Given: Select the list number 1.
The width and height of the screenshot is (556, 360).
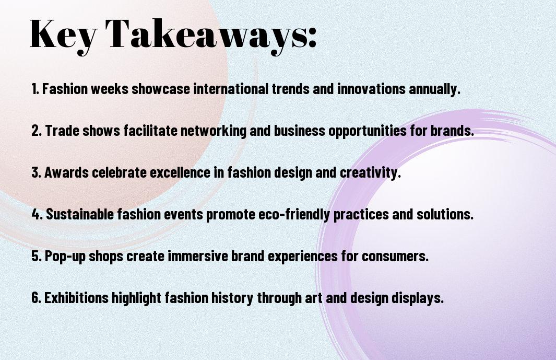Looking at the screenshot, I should coord(35,89).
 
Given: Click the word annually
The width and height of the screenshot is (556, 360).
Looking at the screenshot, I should coord(435,89).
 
